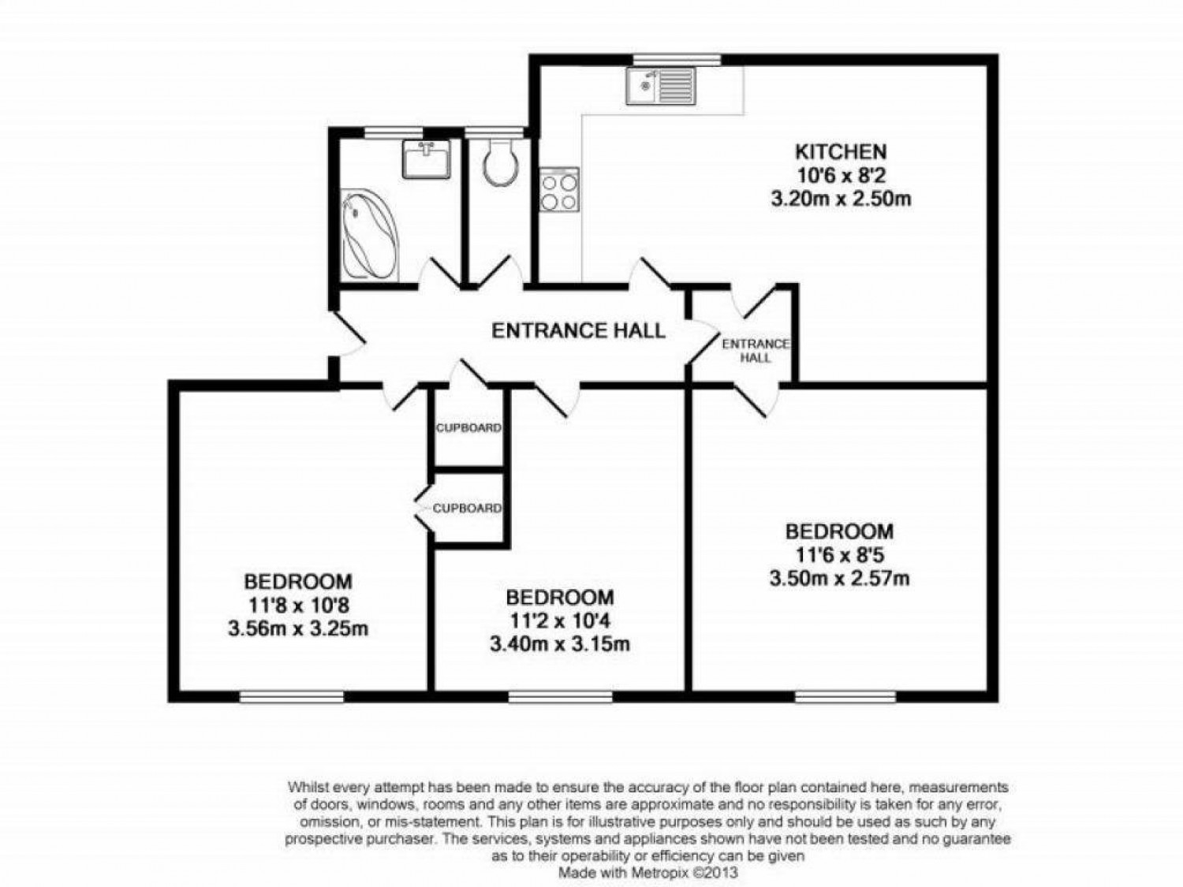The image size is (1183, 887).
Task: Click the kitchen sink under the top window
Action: tap(661, 86)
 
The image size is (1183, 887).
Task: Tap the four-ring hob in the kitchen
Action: tap(559, 190)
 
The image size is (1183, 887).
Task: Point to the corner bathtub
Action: tap(370, 233)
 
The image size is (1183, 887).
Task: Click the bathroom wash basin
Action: tap(426, 159)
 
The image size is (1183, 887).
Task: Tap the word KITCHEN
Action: tap(840, 151)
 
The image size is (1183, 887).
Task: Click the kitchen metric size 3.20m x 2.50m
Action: tap(841, 199)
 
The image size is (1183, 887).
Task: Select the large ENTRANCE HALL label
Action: tap(578, 330)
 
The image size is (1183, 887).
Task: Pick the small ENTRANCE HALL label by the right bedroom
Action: tap(756, 350)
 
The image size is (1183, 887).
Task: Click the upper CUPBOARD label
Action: tap(468, 428)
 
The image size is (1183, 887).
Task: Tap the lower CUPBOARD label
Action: tap(467, 509)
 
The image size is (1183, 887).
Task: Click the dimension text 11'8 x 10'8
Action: tap(297, 606)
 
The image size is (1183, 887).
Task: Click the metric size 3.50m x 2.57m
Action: tap(839, 579)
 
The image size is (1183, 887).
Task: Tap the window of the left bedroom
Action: tap(292, 696)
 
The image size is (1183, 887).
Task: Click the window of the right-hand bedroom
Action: tap(845, 696)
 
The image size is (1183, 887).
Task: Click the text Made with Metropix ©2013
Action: tap(648, 873)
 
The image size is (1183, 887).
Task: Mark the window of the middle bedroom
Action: tap(560, 696)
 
